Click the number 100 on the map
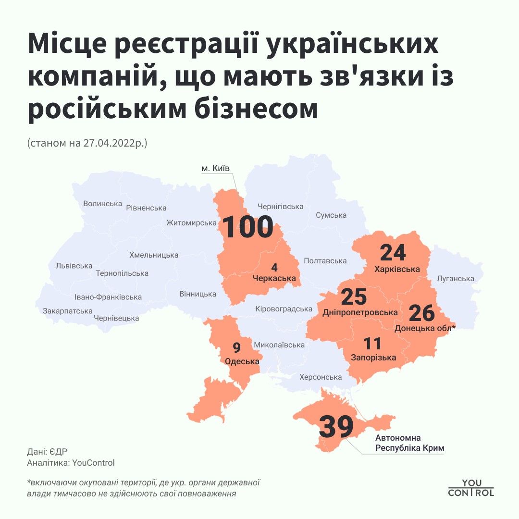(248, 227)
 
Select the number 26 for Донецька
(421, 313)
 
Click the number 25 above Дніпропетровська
(354, 297)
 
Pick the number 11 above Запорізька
(372, 344)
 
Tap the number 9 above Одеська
(236, 347)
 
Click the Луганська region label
(456, 279)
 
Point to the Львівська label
(74, 266)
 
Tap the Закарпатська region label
(67, 311)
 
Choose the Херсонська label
(321, 377)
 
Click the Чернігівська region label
(281, 207)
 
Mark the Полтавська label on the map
(325, 261)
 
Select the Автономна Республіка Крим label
(409, 443)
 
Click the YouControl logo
(471, 487)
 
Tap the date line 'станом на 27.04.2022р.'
(87, 143)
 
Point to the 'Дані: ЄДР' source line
(47, 452)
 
